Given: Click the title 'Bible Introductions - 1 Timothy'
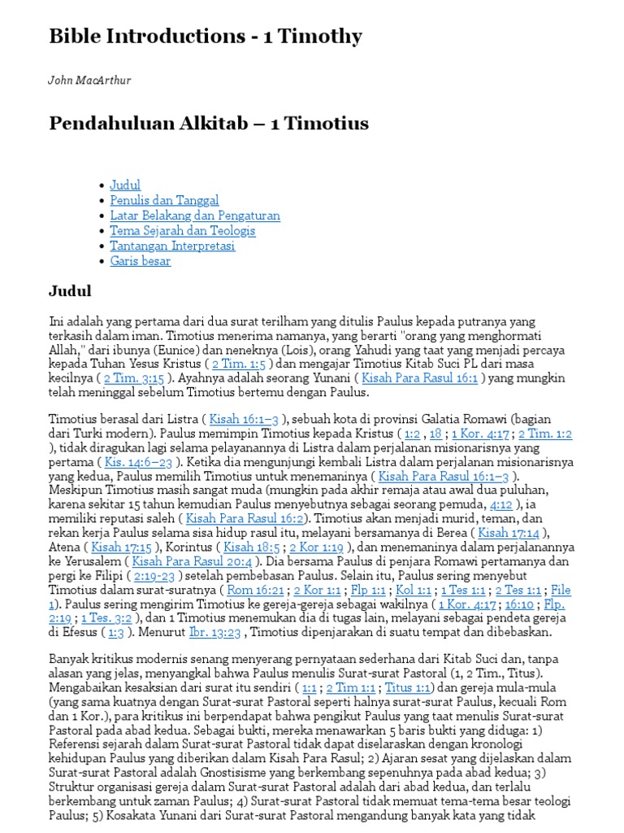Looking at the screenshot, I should tap(206, 37).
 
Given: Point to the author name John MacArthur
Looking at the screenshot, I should tap(90, 81).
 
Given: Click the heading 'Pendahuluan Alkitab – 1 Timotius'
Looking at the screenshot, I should tap(209, 124).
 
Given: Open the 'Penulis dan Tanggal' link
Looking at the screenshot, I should tap(164, 200).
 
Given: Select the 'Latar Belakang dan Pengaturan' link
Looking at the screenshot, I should tap(195, 216).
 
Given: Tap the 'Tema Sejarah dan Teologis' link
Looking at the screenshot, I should tap(182, 230).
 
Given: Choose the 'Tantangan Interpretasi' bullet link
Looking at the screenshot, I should tap(172, 246).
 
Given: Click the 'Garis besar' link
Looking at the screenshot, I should tap(140, 261).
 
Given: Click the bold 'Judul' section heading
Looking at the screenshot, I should tap(70, 291).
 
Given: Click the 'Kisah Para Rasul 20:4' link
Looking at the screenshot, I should tap(191, 561).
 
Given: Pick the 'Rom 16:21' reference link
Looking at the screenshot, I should tap(257, 590).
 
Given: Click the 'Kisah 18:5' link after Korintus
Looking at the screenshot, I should tap(251, 547).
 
